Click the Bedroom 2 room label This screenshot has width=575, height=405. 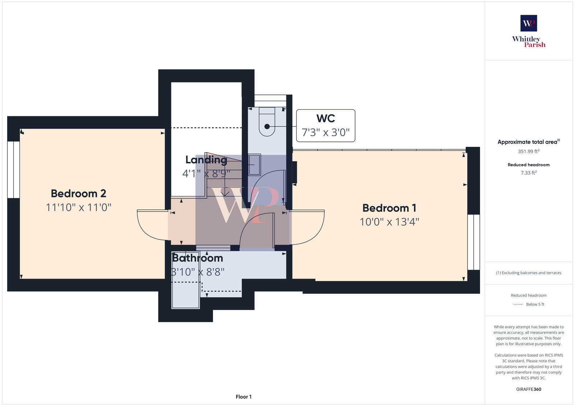click(x=78, y=194)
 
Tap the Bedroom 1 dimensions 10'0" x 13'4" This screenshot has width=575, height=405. click(x=389, y=222)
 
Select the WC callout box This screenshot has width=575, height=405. click(x=326, y=126)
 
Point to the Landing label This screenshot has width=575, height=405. click(x=206, y=160)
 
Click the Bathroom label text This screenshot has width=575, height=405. click(x=197, y=258)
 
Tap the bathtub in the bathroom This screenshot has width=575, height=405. click(x=185, y=294)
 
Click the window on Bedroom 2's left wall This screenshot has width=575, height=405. click(x=13, y=169)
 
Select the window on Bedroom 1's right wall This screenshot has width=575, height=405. click(x=473, y=242)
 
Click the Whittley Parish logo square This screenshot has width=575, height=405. click(x=529, y=23)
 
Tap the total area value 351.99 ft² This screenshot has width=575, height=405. click(x=529, y=152)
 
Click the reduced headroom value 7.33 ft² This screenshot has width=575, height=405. click(x=529, y=173)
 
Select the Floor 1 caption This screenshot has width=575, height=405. click(x=243, y=397)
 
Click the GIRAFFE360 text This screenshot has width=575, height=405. click(x=529, y=389)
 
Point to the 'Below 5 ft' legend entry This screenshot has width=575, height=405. click(x=535, y=304)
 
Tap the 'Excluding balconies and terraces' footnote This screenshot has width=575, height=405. click(x=529, y=273)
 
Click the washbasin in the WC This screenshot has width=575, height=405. click(x=254, y=165)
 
